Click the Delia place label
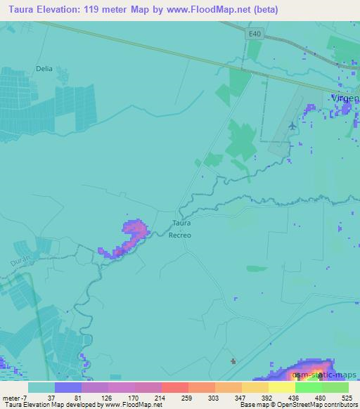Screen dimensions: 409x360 coord(44,69)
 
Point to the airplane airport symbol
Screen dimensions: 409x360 coord(292,125)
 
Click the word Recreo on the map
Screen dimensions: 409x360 coord(181,235)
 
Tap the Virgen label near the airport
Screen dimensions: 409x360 coord(345,99)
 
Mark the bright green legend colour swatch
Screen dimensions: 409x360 coord(308,387)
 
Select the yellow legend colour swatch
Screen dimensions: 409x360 coord(281,387)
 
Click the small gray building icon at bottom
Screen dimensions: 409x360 coord(233,361)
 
